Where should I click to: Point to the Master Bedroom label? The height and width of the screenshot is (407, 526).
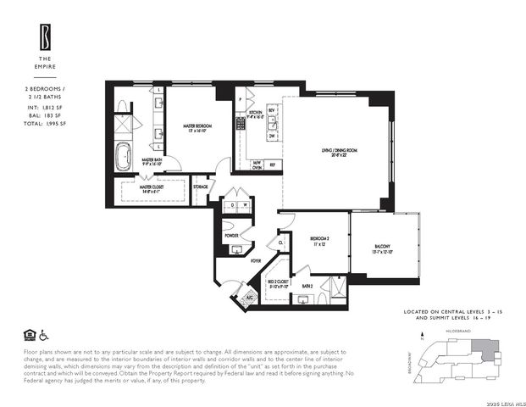(197, 126)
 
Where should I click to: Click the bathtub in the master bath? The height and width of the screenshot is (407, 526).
(123, 157)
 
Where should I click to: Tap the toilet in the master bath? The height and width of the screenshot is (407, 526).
(122, 106)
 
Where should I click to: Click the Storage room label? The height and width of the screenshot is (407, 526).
(201, 187)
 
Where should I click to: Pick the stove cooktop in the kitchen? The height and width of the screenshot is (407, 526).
(240, 123)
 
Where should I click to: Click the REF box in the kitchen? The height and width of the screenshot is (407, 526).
(272, 164)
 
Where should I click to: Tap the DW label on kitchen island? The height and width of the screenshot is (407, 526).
(272, 135)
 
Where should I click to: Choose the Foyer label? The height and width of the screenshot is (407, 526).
(255, 261)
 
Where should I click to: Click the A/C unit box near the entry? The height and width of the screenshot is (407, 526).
(248, 298)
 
